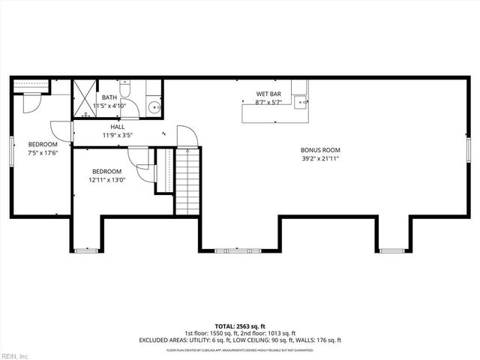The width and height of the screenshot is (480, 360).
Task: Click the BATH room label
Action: pos(109,97)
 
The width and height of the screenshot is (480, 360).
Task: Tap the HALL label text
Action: pos(118,127)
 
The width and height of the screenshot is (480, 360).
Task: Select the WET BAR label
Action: pos(268,94)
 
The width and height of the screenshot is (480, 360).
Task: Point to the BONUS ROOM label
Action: pos(320,150)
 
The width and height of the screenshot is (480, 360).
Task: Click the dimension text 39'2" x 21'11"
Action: pos(320,158)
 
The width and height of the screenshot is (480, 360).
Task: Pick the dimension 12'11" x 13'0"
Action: pos(106,179)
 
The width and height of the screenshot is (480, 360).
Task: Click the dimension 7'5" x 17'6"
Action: pos(43,152)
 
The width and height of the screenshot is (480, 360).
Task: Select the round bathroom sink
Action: pos(154,106)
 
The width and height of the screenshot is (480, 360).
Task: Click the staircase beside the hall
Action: pos(188,180)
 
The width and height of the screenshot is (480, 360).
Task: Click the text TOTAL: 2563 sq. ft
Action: pos(241,325)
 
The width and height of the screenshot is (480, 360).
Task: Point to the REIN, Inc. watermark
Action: pos(15,355)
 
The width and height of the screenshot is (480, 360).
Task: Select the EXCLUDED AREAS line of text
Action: pos(240,340)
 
